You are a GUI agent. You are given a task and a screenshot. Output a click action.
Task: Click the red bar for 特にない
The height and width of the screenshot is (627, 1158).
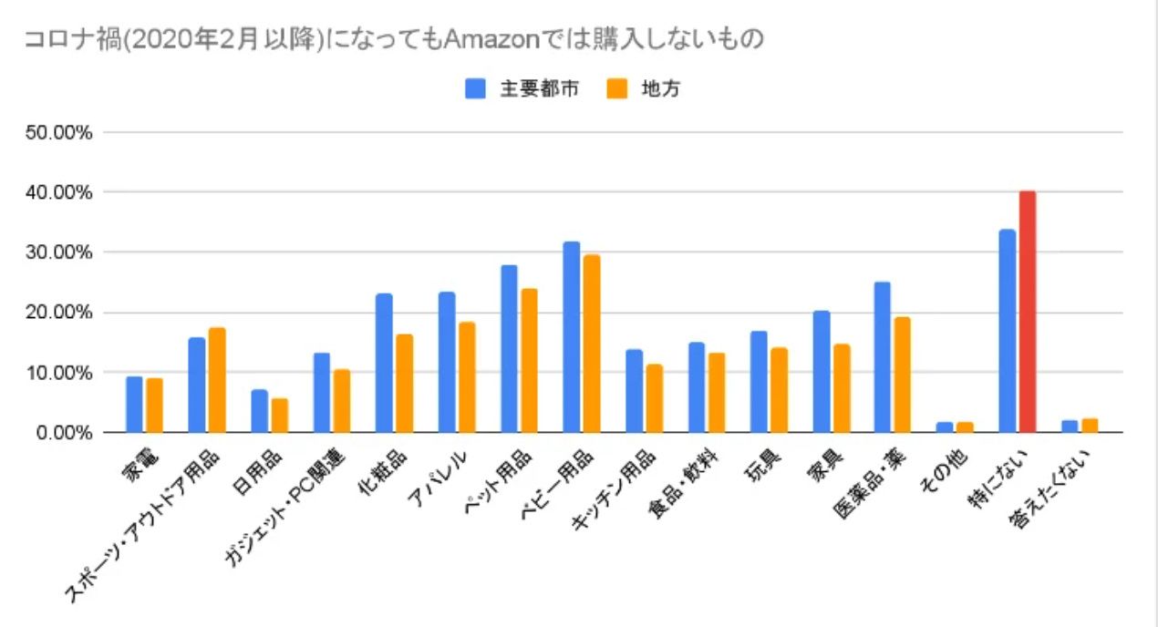(1028, 312)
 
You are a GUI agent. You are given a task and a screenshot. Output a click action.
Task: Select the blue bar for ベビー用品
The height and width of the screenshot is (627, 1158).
(572, 337)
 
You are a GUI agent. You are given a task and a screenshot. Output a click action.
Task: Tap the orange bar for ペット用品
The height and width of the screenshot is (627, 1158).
(530, 361)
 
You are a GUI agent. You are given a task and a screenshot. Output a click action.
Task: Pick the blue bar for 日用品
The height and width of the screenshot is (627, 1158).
(260, 411)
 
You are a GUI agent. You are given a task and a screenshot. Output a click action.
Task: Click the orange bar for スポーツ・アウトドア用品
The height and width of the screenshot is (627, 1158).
(217, 380)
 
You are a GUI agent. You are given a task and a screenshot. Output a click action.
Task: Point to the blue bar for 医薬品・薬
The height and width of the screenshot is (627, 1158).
(882, 357)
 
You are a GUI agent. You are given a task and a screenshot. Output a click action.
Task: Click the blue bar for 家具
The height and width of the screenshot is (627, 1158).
(821, 372)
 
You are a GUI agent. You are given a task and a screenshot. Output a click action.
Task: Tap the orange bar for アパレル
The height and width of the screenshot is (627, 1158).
(467, 377)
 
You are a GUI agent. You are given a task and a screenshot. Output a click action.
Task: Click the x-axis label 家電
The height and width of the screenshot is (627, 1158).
(139, 460)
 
